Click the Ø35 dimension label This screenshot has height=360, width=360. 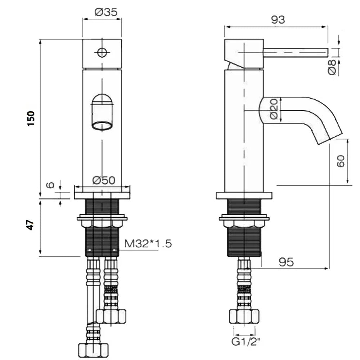106,12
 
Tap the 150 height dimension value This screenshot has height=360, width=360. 31,118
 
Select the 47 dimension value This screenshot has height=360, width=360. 30,225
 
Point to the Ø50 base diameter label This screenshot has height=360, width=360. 104,180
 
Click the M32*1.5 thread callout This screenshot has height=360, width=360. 148,243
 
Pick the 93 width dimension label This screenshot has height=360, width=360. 278,20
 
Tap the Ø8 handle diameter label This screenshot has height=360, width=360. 332,67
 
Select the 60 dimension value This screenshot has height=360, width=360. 341,161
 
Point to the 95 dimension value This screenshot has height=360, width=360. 286,262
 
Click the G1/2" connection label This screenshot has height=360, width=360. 246,342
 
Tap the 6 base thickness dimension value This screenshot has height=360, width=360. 50,185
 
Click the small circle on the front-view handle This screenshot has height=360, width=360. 102,52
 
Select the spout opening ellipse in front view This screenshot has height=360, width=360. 102,126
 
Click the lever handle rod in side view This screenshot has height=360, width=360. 296,52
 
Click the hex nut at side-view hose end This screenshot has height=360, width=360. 244,316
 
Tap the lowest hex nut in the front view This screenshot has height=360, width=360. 93,350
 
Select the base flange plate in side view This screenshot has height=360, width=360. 244,195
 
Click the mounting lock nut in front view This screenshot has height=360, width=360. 102,223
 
